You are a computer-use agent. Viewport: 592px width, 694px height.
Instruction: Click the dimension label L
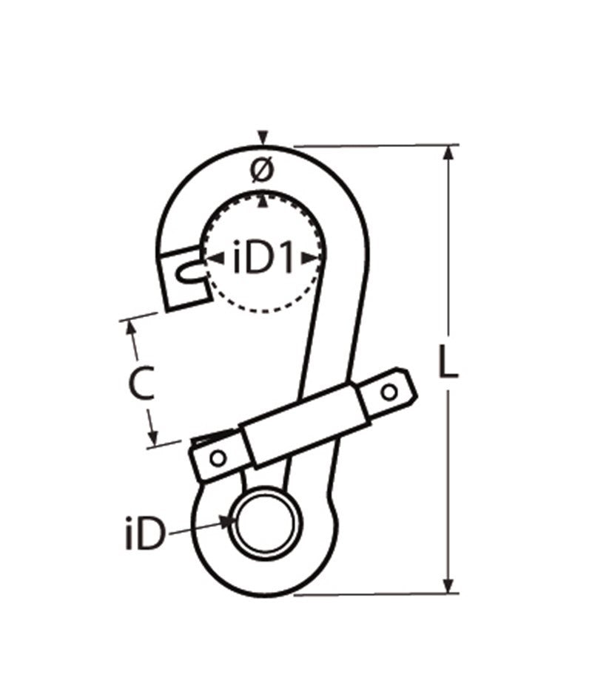448,362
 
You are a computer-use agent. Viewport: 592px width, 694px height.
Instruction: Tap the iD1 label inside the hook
264,258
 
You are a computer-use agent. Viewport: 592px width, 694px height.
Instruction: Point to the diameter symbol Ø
262,171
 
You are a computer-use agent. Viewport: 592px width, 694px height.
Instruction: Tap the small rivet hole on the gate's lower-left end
217,458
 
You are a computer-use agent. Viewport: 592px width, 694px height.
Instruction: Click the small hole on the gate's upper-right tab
390,391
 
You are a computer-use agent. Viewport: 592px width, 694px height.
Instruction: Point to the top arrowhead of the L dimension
448,152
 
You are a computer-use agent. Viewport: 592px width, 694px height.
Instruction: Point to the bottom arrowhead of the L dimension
448,587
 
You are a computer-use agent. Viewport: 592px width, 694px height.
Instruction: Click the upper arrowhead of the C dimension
132,327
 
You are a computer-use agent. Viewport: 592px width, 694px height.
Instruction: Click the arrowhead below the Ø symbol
262,197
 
